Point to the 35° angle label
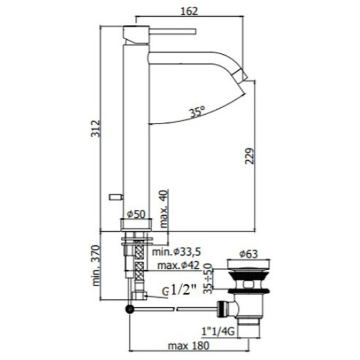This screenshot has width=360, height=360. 197,113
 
